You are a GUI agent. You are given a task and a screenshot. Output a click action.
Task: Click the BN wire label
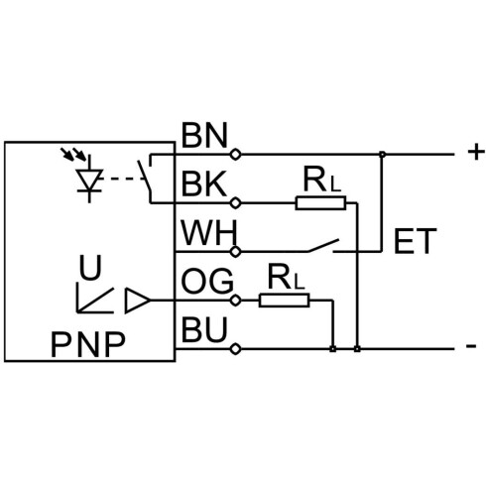(x=204, y=135)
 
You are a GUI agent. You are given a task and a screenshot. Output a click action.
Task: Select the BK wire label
(x=204, y=183)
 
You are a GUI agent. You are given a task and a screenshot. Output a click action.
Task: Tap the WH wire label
(x=209, y=233)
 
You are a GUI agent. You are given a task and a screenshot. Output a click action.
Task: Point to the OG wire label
(x=207, y=282)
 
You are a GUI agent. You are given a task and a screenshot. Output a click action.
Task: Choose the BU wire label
(x=204, y=329)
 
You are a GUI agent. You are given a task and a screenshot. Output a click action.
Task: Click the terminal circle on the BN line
(x=235, y=155)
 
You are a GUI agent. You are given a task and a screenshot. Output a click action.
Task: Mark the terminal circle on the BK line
(x=235, y=203)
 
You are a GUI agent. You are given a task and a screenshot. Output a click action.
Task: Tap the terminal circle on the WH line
(x=235, y=252)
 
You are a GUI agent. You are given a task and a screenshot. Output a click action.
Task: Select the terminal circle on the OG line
(x=235, y=301)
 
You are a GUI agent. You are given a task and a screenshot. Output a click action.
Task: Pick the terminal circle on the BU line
(x=235, y=349)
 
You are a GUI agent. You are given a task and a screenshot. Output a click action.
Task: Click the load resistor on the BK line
(x=320, y=203)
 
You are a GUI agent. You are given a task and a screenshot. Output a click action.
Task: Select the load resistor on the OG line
(x=284, y=301)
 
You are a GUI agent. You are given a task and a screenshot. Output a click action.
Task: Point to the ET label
(x=416, y=241)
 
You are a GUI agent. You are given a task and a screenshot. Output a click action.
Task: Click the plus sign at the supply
(x=476, y=153)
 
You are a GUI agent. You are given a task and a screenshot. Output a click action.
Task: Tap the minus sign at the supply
(x=471, y=346)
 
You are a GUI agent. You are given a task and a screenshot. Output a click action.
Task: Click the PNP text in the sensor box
(x=88, y=344)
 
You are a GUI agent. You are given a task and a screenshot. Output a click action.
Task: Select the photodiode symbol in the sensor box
(x=89, y=179)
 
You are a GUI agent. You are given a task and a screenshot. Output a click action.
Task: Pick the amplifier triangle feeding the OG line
(x=138, y=301)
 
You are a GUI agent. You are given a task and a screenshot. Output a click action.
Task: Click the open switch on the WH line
(x=323, y=246)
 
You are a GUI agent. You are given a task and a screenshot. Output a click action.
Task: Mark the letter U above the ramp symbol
(x=90, y=268)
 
